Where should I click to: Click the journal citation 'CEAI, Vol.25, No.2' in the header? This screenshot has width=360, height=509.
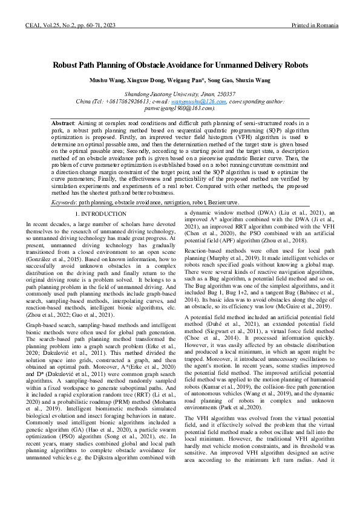click(x=50, y=27)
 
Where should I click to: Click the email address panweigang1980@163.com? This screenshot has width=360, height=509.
click(x=179, y=108)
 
